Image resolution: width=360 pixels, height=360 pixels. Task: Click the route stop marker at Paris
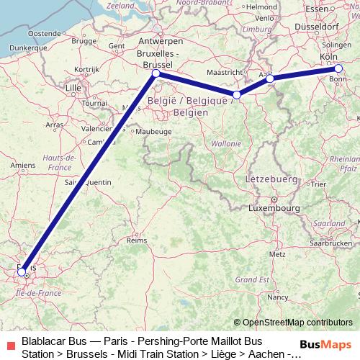(23, 272)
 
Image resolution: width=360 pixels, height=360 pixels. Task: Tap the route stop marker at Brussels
(156, 73)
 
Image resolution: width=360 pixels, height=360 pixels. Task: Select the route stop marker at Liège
(236, 94)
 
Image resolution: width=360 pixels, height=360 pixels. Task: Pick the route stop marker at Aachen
(270, 78)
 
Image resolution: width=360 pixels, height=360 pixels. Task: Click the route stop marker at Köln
(338, 68)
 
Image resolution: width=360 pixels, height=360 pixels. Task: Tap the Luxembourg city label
(274, 208)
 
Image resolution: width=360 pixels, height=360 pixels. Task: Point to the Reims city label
(136, 240)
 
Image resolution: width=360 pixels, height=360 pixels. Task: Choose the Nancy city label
(276, 296)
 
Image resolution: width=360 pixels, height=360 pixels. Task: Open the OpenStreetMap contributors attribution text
(293, 323)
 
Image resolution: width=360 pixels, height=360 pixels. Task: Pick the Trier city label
(318, 185)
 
